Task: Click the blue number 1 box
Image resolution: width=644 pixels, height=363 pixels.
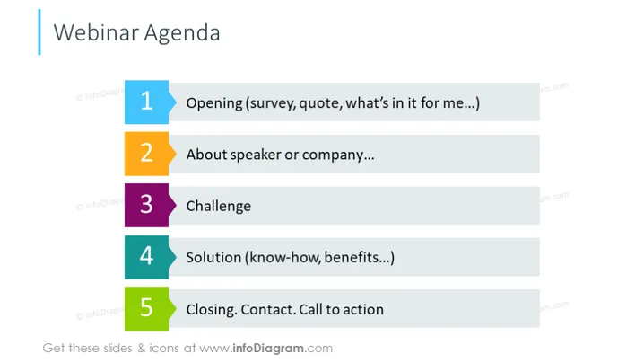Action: pyautogui.click(x=146, y=102)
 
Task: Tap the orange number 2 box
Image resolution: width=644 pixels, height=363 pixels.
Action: pyautogui.click(x=146, y=154)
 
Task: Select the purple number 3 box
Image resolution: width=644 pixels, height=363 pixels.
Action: pyautogui.click(x=146, y=206)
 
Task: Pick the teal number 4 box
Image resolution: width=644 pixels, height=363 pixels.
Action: pyautogui.click(x=146, y=257)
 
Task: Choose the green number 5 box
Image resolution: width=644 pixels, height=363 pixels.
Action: pyautogui.click(x=146, y=309)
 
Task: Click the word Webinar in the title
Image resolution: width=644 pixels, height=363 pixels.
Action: pyautogui.click(x=96, y=32)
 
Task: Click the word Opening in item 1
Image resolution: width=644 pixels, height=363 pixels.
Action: pyautogui.click(x=214, y=103)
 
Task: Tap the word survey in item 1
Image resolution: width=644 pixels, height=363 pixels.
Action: pyautogui.click(x=270, y=103)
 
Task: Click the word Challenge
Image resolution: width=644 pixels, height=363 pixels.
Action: pyautogui.click(x=219, y=206)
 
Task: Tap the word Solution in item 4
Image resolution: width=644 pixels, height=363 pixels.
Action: pyautogui.click(x=213, y=257)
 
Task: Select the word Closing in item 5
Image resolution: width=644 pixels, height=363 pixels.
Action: pyautogui.click(x=212, y=309)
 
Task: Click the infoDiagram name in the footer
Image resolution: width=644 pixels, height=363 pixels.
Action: pyautogui.click(x=268, y=349)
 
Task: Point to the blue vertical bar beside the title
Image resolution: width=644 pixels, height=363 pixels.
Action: pyautogui.click(x=39, y=32)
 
